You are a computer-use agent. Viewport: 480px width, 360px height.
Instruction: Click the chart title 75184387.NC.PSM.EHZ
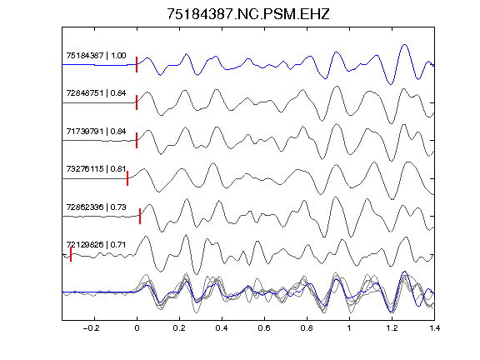[x=248, y=14]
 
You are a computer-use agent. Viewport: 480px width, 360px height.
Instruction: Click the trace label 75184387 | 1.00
[x=96, y=56]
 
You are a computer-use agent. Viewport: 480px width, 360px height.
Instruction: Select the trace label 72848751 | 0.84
[x=96, y=93]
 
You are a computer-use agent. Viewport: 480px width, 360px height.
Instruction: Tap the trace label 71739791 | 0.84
[x=96, y=132]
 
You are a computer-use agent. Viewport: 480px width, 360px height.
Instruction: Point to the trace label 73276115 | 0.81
[x=96, y=168]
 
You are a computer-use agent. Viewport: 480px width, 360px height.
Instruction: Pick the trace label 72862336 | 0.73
[x=96, y=207]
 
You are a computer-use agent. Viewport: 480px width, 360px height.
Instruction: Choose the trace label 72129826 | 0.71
[x=96, y=245]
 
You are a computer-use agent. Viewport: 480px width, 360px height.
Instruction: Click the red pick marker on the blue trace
[x=137, y=65]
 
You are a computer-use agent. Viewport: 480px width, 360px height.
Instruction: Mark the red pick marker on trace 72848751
[x=137, y=102]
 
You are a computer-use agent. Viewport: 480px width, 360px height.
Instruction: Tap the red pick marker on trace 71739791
[x=137, y=140]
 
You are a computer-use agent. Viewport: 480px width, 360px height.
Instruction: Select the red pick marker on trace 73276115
[x=127, y=178]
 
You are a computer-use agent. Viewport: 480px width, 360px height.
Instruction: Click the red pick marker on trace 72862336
[x=140, y=216]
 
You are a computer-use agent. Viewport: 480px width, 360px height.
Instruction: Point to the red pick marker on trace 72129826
[x=71, y=254]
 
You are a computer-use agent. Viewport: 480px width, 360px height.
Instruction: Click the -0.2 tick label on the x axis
[x=91, y=328]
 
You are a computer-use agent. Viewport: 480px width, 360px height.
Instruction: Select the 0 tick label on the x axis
[x=137, y=328]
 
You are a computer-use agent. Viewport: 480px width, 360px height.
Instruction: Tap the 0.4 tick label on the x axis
[x=222, y=328]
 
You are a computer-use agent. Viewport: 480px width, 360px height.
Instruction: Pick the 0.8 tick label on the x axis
[x=307, y=328]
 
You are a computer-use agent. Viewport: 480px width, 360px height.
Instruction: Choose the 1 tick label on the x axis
[x=349, y=328]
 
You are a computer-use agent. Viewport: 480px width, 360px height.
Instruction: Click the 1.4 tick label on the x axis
[x=434, y=328]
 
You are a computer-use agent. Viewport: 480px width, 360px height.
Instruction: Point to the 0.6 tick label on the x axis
[x=264, y=328]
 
